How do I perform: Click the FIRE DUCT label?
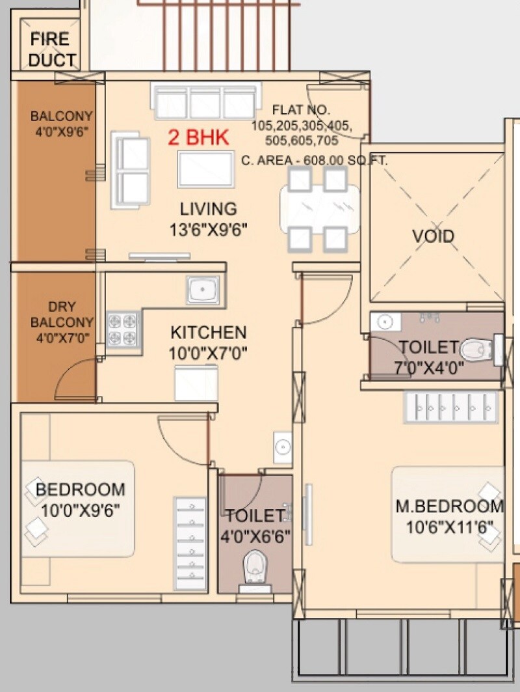[x=49, y=49]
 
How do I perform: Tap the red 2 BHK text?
[x=198, y=137]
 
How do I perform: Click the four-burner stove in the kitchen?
[x=123, y=329]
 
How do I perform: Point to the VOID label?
[x=433, y=236]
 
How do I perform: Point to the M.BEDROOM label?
[x=450, y=506]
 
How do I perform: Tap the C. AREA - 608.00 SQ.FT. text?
[x=313, y=159]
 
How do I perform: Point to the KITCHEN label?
[x=208, y=333]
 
